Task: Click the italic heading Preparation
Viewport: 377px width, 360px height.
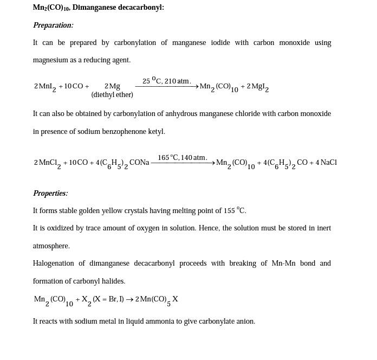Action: (x=53, y=25)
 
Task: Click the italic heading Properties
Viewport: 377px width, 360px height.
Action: (x=50, y=194)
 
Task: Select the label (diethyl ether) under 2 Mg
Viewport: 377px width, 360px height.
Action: (x=112, y=95)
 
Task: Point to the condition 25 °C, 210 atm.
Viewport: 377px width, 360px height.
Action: (x=166, y=81)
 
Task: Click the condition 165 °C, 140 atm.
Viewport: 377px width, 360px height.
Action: (x=182, y=158)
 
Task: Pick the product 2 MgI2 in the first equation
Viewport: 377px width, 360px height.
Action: (x=257, y=87)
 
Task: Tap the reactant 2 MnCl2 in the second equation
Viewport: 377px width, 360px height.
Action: (x=47, y=163)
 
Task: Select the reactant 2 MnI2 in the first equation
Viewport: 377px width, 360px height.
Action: (x=44, y=87)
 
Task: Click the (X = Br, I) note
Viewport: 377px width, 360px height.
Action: (x=108, y=299)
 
